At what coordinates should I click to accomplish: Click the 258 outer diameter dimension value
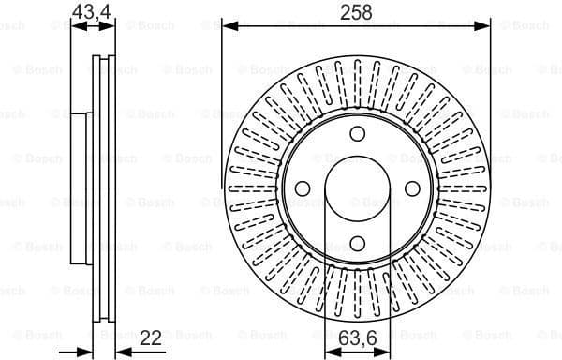click(x=356, y=11)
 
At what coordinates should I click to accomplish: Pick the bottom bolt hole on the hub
click(x=357, y=244)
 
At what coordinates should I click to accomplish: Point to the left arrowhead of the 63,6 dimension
click(x=329, y=352)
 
